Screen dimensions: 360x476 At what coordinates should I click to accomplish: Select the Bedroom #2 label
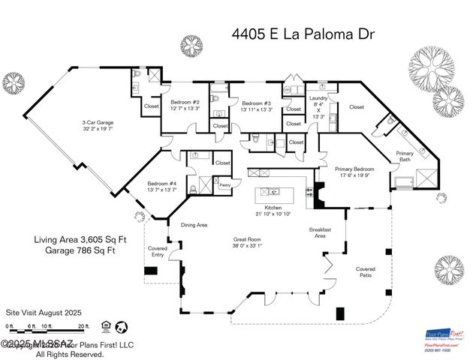[184, 104]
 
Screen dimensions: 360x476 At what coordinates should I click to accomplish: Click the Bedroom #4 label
[161, 186]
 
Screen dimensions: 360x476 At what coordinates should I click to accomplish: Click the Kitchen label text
[274, 209]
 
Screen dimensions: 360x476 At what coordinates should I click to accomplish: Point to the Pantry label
[224, 184]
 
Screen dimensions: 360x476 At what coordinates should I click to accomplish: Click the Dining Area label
[194, 224]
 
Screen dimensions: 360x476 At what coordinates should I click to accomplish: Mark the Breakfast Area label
[321, 232]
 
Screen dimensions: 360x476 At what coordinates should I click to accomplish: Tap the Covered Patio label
[366, 272]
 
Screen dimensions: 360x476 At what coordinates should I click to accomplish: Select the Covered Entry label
[158, 251]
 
